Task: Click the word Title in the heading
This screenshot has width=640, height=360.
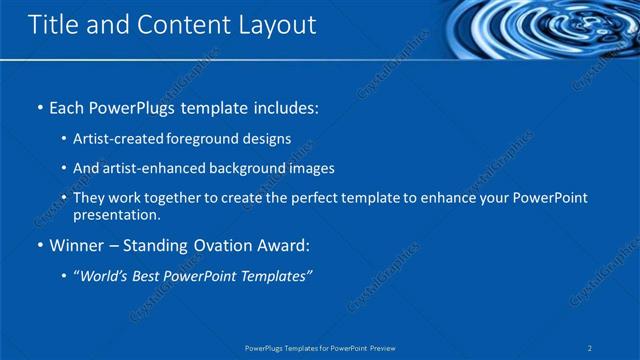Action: click(x=51, y=25)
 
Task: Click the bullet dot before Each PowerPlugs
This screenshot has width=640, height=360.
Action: click(x=39, y=106)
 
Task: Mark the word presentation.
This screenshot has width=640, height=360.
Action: click(x=116, y=215)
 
